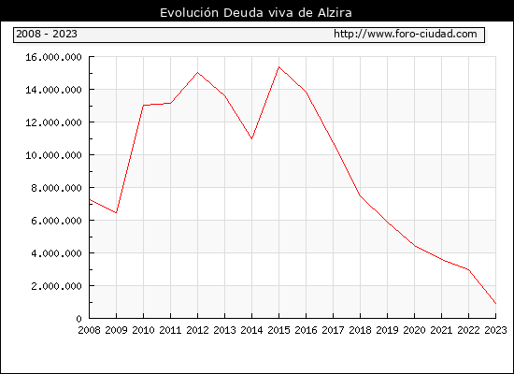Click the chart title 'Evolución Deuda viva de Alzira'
click(256, 13)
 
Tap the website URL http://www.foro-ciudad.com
click(406, 34)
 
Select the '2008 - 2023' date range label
click(47, 34)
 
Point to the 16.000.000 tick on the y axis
click(53, 57)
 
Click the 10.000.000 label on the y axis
click(53, 155)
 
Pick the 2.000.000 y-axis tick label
click(56, 286)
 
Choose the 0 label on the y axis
click(79, 319)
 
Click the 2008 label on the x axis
click(89, 330)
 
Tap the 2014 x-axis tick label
click(251, 330)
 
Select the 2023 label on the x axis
click(495, 330)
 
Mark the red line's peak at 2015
click(279, 67)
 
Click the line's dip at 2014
click(251, 138)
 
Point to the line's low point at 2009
click(117, 212)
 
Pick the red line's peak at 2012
click(198, 73)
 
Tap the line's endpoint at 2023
click(495, 304)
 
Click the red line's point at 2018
click(360, 195)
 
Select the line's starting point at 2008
click(90, 199)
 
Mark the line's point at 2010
click(144, 106)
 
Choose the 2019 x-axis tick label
click(387, 330)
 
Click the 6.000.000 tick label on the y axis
click(56, 221)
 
